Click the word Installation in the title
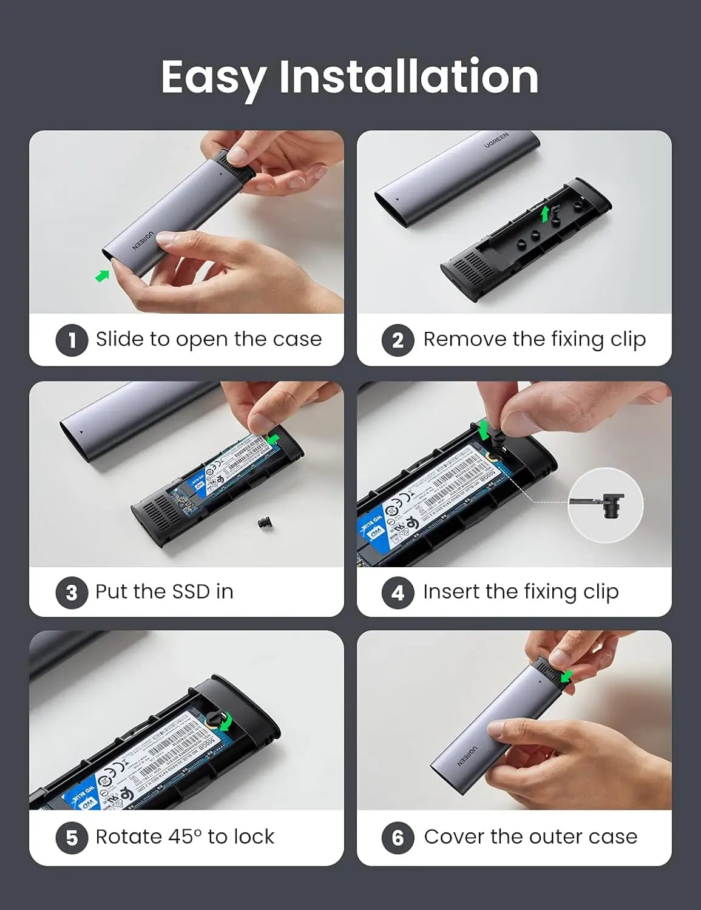(x=408, y=76)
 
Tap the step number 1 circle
(x=72, y=340)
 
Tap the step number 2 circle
(x=398, y=340)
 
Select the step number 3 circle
(x=72, y=592)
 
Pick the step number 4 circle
(x=398, y=592)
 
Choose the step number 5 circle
(x=72, y=838)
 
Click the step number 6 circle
(x=398, y=838)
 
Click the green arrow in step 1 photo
(x=102, y=276)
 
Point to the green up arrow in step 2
(x=546, y=213)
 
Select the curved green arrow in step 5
(x=226, y=721)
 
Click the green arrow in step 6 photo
(x=567, y=676)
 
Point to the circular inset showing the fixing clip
(x=605, y=505)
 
